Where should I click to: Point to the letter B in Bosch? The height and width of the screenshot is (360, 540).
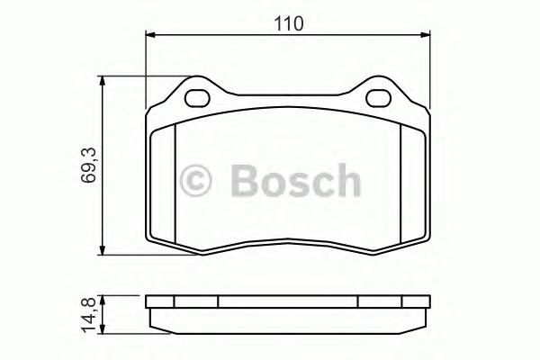pos(246,180)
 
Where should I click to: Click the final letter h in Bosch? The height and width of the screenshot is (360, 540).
pos(346,180)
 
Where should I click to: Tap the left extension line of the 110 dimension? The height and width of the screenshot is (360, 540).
pos(146,63)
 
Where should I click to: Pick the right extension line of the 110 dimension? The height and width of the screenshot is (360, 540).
pos(428,63)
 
